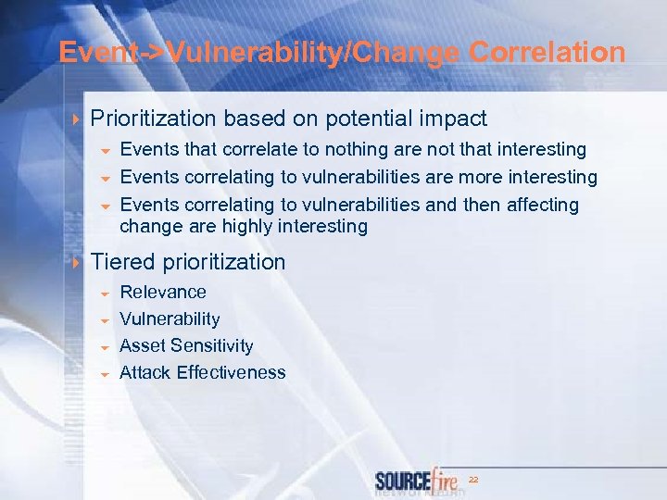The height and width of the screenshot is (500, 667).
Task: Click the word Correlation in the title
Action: coord(547,53)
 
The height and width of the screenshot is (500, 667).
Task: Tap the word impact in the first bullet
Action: coord(453,119)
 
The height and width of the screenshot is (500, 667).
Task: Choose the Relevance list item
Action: coord(163,292)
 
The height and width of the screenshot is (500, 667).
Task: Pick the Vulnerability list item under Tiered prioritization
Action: coord(170,319)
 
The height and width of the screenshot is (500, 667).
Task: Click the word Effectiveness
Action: coord(231,373)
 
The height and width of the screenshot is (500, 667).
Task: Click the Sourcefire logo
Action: coord(416,481)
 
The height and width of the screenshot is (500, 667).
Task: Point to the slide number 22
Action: coord(472,480)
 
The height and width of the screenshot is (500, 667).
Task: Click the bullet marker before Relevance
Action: coord(106,294)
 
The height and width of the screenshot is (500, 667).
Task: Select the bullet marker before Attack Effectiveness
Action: coord(106,375)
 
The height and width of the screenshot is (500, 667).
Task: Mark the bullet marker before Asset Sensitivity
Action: coord(106,347)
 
